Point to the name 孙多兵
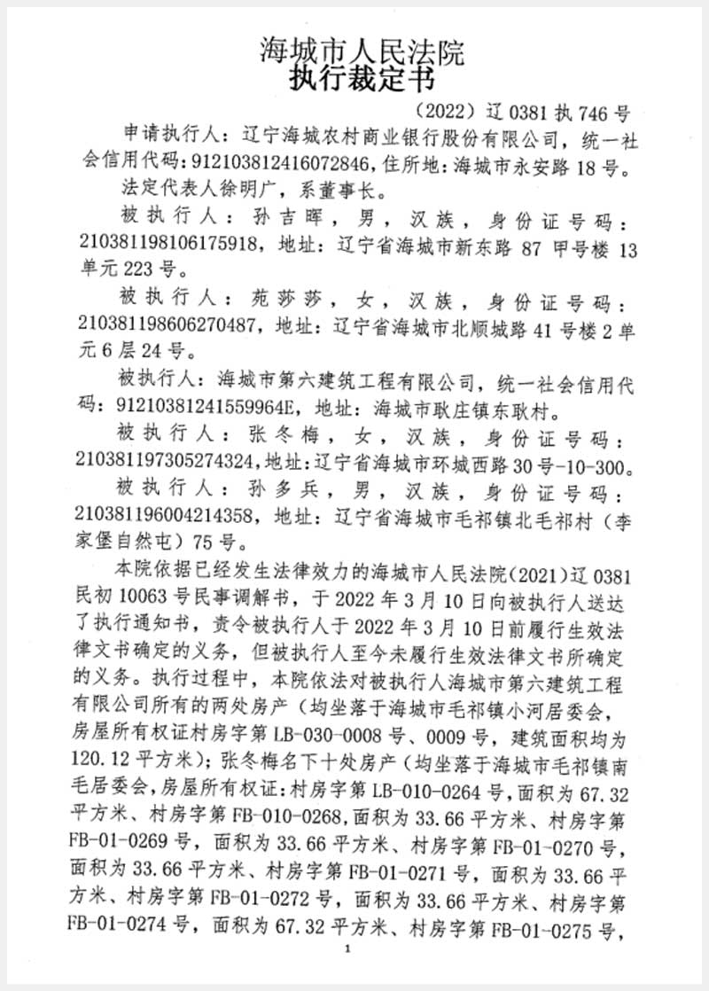[x=268, y=491]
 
